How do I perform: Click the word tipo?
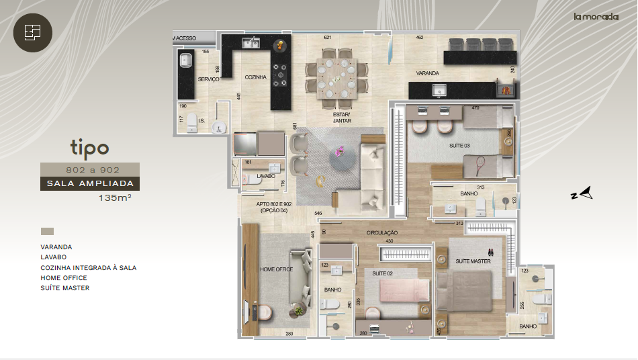coord(89,147)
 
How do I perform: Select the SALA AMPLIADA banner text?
coord(89,183)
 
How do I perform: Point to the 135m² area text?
coord(114,198)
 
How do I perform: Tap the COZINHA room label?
coord(255,77)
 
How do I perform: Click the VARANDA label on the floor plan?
coord(427,73)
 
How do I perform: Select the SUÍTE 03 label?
coord(460,145)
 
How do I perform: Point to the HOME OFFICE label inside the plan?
coord(277,269)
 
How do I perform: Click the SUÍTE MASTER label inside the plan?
coord(473,261)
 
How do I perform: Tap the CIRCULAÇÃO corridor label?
coord(381,233)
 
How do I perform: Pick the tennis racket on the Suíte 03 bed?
coord(480,163)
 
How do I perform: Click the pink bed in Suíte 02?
coord(404,291)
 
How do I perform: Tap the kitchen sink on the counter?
coord(251,44)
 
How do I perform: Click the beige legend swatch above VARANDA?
coord(47,231)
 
